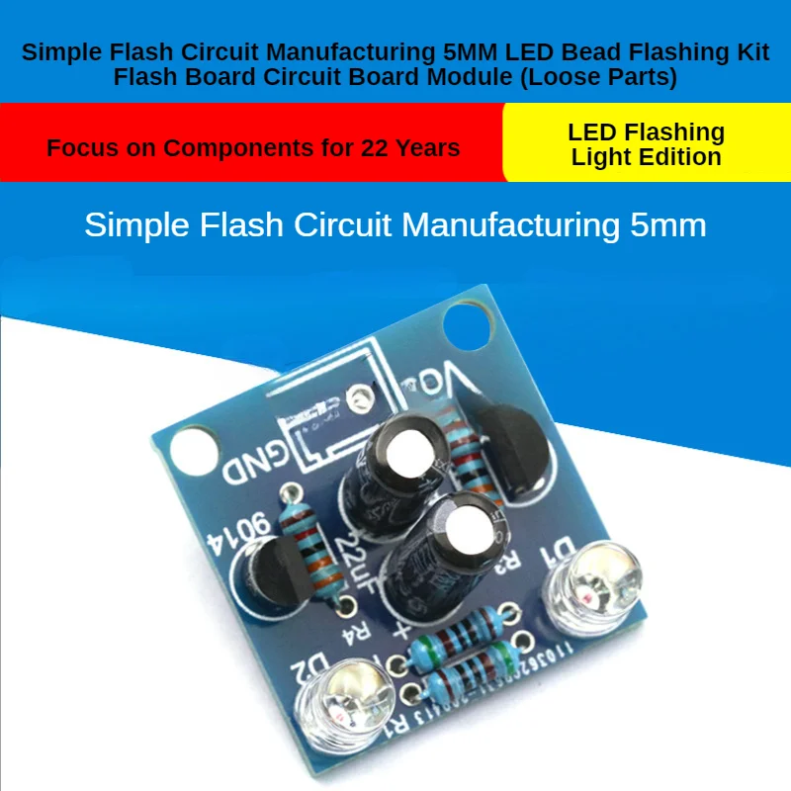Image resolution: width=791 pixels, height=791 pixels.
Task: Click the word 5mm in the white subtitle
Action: click(667, 224)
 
